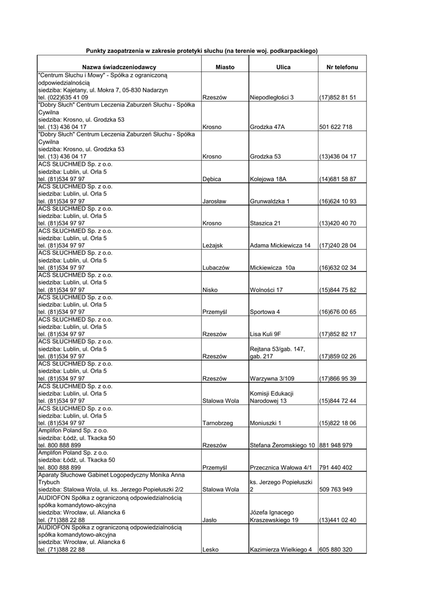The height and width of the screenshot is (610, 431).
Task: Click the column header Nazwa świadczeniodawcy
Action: [x=119, y=68]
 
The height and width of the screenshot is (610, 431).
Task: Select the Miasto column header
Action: [x=225, y=68]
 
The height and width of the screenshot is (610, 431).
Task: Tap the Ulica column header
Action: [x=283, y=68]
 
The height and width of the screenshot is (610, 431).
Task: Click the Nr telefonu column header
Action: [x=342, y=68]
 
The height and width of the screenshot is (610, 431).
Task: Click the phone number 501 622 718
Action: [x=336, y=127]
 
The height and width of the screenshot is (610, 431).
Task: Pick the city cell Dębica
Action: [x=212, y=179]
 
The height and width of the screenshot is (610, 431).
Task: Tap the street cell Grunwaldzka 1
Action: [x=270, y=201]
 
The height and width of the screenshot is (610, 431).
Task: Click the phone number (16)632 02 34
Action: [x=338, y=267]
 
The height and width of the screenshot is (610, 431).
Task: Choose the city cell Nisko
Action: [x=210, y=290]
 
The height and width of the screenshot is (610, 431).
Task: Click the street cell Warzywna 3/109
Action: [x=273, y=378]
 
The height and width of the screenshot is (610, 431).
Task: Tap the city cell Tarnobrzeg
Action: [x=217, y=423]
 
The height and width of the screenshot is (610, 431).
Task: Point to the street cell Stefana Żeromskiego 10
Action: [x=282, y=445]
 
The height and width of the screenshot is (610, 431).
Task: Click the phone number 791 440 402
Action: [x=336, y=467]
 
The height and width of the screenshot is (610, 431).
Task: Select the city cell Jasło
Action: [x=210, y=519]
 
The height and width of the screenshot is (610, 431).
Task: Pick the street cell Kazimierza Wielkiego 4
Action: [x=281, y=549]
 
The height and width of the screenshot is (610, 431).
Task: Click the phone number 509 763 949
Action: [x=336, y=490]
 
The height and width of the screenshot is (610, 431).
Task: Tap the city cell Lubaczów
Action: [x=216, y=267]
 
